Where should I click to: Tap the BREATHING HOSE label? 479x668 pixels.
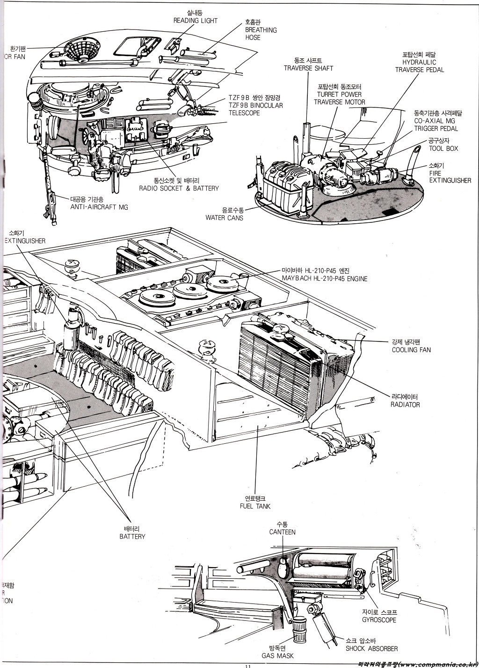click(261, 29)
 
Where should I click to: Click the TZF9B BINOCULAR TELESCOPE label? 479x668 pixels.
click(255, 105)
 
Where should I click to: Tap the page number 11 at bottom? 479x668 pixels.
click(248, 666)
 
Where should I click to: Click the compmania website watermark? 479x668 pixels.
click(417, 664)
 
